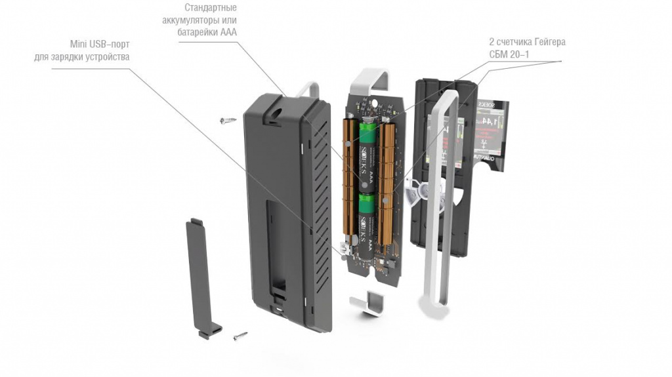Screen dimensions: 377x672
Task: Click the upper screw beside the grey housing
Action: pos(229,120)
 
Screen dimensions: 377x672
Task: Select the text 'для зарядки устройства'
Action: pos(81,57)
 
